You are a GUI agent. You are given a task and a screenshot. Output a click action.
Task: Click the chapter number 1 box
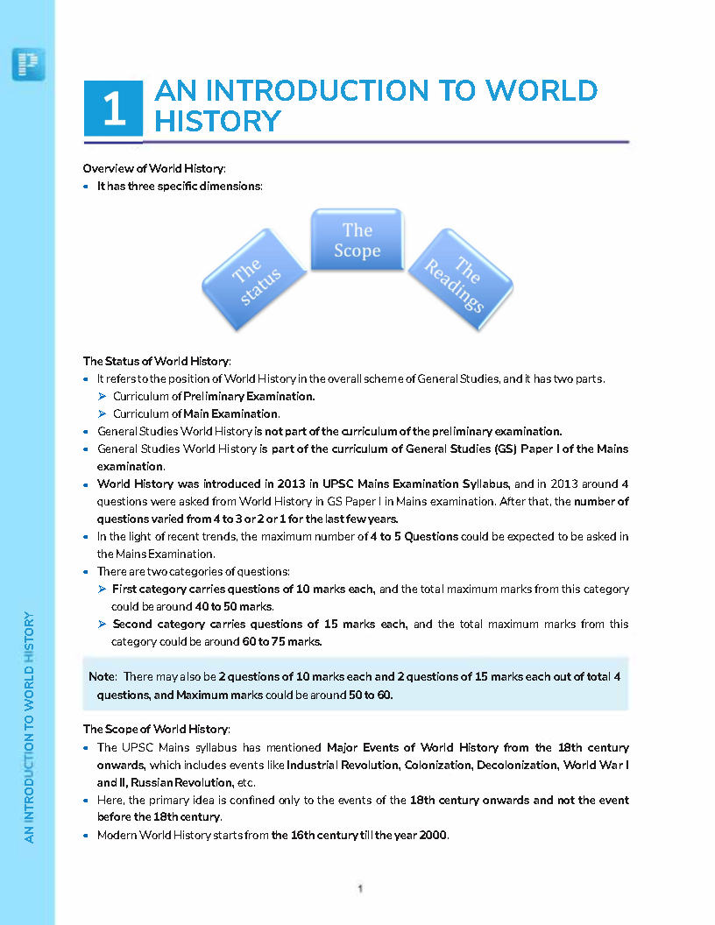pyautogui.click(x=113, y=109)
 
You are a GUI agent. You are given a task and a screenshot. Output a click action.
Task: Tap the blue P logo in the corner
pyautogui.click(x=28, y=64)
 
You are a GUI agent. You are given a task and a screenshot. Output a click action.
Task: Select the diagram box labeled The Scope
pyautogui.click(x=357, y=239)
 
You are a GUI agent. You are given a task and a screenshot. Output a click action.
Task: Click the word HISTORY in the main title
pyautogui.click(x=217, y=121)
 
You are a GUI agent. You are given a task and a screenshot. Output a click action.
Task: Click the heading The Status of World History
pyautogui.click(x=156, y=360)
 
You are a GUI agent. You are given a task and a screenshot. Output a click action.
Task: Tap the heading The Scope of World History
pyautogui.click(x=156, y=729)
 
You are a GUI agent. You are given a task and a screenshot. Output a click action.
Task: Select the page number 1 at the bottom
pyautogui.click(x=359, y=888)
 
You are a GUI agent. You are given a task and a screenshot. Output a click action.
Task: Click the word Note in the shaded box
pyautogui.click(x=102, y=677)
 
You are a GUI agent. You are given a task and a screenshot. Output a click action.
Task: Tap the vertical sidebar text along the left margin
pyautogui.click(x=29, y=727)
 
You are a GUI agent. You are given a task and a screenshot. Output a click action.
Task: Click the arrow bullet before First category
pyautogui.click(x=103, y=590)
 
